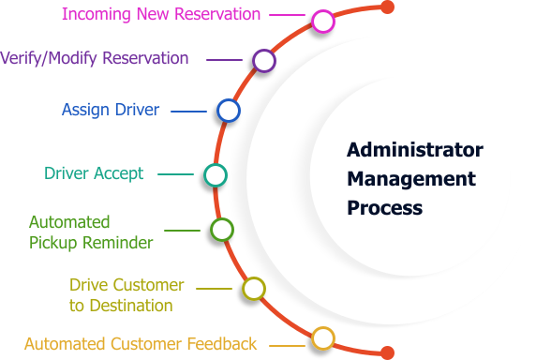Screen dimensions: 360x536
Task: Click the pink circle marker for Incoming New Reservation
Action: [x=322, y=21]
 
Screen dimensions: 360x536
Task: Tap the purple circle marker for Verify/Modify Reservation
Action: [x=264, y=61]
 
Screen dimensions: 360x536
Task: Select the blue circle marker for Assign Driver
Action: [x=229, y=111]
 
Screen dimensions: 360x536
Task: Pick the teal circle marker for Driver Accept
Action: [x=215, y=174]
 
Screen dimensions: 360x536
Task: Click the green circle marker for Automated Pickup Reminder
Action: [x=221, y=230]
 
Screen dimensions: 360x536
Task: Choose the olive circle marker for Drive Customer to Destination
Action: [x=252, y=289]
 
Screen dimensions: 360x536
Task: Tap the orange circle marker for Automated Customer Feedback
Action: [x=322, y=337]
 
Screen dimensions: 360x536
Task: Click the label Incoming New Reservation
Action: [x=160, y=15]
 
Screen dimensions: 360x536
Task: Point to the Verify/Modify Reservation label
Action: [x=94, y=58]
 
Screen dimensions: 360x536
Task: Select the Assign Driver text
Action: [x=111, y=110]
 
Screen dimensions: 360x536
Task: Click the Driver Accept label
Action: [x=94, y=173]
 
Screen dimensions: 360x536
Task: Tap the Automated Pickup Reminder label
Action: [x=90, y=232]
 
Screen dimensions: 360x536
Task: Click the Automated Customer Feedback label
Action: [x=140, y=344]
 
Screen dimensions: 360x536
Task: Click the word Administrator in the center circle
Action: [x=414, y=150]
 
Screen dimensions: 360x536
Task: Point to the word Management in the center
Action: [x=411, y=178]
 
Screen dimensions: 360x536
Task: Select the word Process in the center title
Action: [x=384, y=207]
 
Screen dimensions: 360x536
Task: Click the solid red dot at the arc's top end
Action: [x=387, y=7]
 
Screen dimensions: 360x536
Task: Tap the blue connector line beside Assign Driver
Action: [x=188, y=112]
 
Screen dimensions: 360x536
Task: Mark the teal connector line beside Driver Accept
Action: [x=175, y=174]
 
